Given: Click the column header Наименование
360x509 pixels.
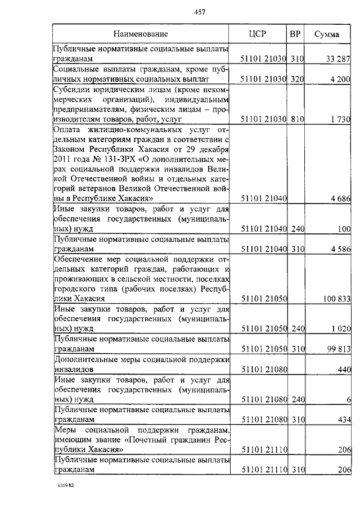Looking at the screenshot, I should tap(140, 34).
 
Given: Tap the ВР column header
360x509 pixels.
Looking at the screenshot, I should tap(295, 34).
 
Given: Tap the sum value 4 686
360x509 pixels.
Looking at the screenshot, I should tap(341, 198).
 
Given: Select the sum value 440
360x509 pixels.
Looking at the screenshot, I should tap(345, 370).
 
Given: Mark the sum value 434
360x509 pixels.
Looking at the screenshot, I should tap(345, 420).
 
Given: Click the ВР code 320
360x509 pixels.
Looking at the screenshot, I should tap(297, 80).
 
